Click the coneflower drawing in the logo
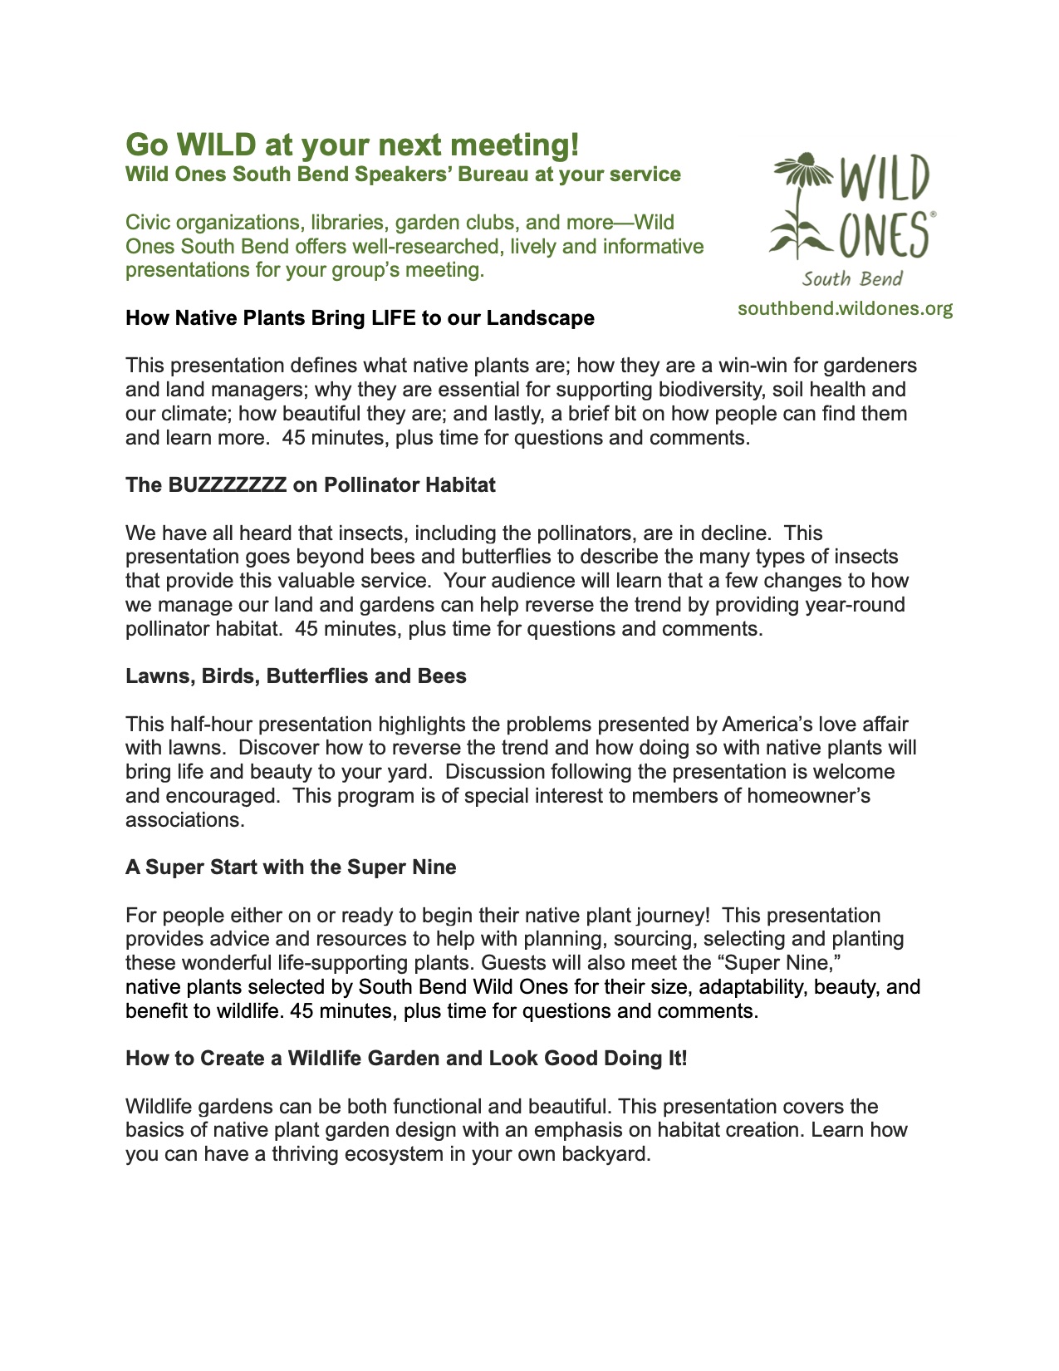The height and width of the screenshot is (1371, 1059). click(x=797, y=204)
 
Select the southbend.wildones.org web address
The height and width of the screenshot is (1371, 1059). click(x=845, y=309)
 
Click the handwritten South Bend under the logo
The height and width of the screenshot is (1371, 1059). click(x=852, y=279)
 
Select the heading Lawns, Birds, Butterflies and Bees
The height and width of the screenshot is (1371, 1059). click(x=296, y=676)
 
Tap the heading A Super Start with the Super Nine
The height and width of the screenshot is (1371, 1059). click(x=291, y=867)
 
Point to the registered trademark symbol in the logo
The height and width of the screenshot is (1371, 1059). click(x=933, y=214)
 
